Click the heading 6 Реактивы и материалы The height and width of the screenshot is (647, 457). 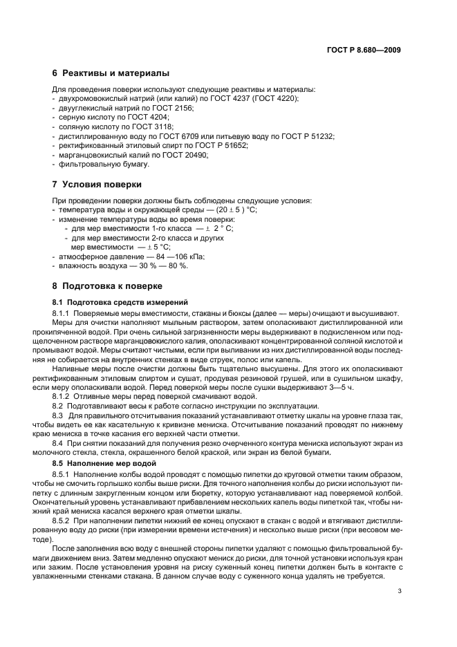click(x=111, y=73)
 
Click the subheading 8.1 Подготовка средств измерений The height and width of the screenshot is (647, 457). click(x=119, y=302)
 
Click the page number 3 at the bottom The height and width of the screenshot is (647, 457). click(x=400, y=590)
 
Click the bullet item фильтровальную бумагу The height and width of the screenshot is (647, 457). click(x=103, y=165)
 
